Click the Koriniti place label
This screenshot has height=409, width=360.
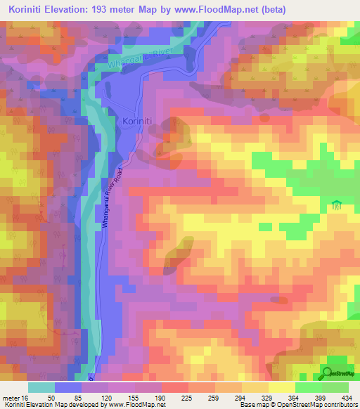[x=141, y=121]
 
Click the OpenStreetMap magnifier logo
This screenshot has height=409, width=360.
[x=326, y=374]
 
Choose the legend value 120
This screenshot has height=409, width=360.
[x=105, y=397]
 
